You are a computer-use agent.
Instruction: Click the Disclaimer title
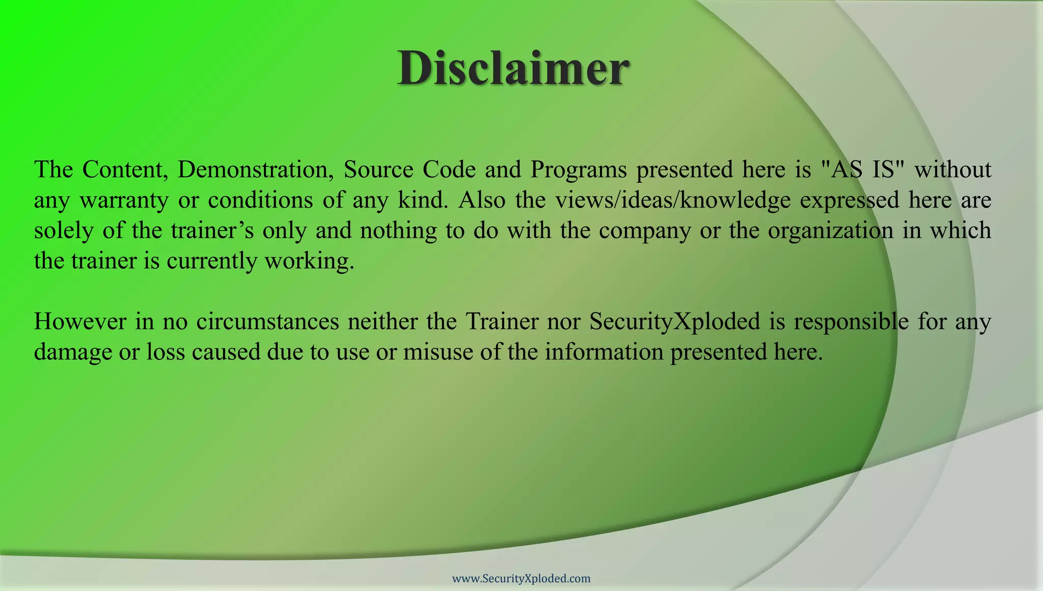pos(513,69)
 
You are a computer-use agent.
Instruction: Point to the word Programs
pos(579,170)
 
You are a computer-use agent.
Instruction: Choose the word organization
pos(831,231)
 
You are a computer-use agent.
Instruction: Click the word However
pos(80,321)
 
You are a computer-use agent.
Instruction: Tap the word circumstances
pos(267,321)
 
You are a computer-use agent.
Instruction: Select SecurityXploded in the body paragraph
pos(674,322)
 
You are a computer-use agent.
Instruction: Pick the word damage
pos(73,353)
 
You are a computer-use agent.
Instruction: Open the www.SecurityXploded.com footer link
pos(521,578)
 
